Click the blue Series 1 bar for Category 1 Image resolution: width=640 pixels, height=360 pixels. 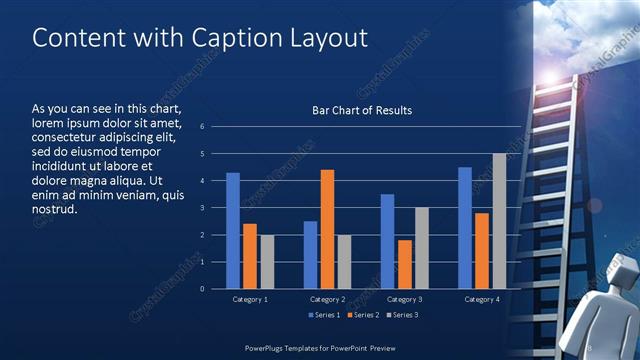pyautogui.click(x=233, y=231)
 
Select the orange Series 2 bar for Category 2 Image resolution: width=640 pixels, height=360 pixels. pyautogui.click(x=327, y=229)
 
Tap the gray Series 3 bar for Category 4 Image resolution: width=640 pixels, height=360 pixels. pyautogui.click(x=499, y=221)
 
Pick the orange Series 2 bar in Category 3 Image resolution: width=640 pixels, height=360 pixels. pyautogui.click(x=404, y=264)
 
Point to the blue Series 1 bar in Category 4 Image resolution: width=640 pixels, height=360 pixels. pyautogui.click(x=465, y=228)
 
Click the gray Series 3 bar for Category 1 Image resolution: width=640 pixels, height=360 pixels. pyautogui.click(x=267, y=262)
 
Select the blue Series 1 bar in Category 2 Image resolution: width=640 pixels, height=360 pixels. pyautogui.click(x=310, y=255)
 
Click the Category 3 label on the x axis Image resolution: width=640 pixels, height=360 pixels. pyautogui.click(x=404, y=299)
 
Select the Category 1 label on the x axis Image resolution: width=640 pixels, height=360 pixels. pyautogui.click(x=250, y=299)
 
